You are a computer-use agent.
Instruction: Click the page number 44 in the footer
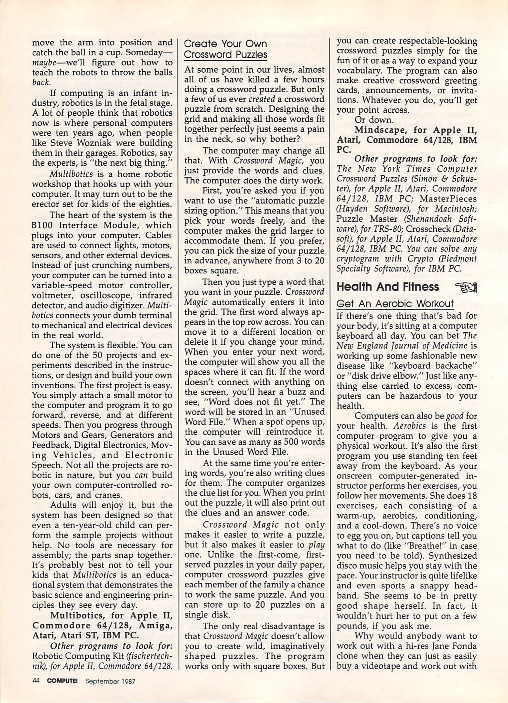(36, 681)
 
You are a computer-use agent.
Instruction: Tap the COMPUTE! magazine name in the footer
(62, 681)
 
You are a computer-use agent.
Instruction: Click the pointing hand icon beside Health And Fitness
(466, 287)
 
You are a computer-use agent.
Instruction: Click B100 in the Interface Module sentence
(42, 225)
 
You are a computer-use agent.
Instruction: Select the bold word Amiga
(155, 626)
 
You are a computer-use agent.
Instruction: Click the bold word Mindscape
(381, 130)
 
